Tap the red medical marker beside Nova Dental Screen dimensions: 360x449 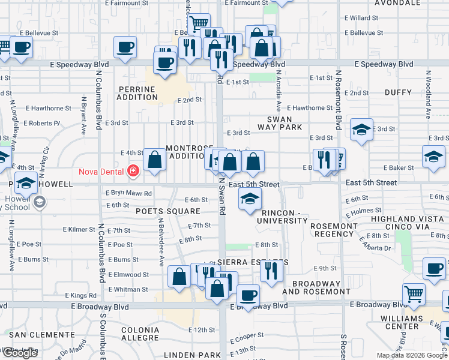coord(133,172)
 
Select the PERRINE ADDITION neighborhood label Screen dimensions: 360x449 coord(136,93)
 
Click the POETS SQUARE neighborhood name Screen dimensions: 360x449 coord(167,211)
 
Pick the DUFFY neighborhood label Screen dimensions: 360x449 coord(398,92)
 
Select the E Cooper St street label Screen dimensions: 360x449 coord(247,336)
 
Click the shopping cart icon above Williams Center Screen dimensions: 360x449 coord(414,293)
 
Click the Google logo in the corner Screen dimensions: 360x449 coord(20,353)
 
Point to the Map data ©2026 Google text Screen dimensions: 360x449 coord(412,355)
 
